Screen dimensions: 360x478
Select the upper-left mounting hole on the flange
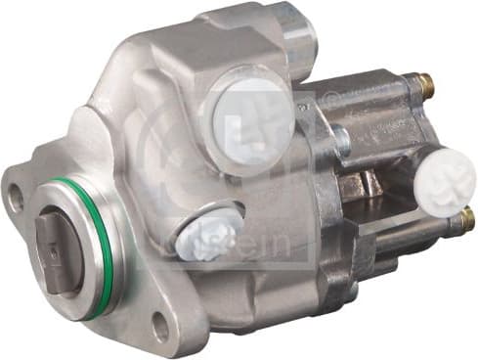coord(15,196)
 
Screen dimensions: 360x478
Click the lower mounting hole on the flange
coord(158,327)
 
